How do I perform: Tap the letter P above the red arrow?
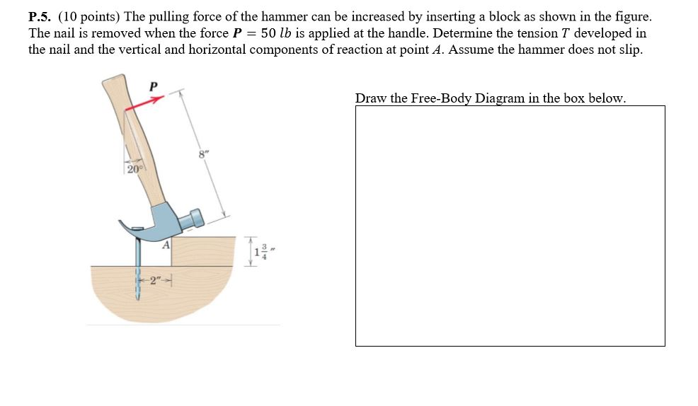click(153, 86)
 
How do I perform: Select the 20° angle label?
click(135, 168)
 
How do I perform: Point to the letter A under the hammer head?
click(165, 245)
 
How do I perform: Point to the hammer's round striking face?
click(196, 218)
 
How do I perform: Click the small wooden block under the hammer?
click(205, 251)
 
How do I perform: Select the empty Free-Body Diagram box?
click(510, 226)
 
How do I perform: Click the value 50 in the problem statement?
click(268, 33)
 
